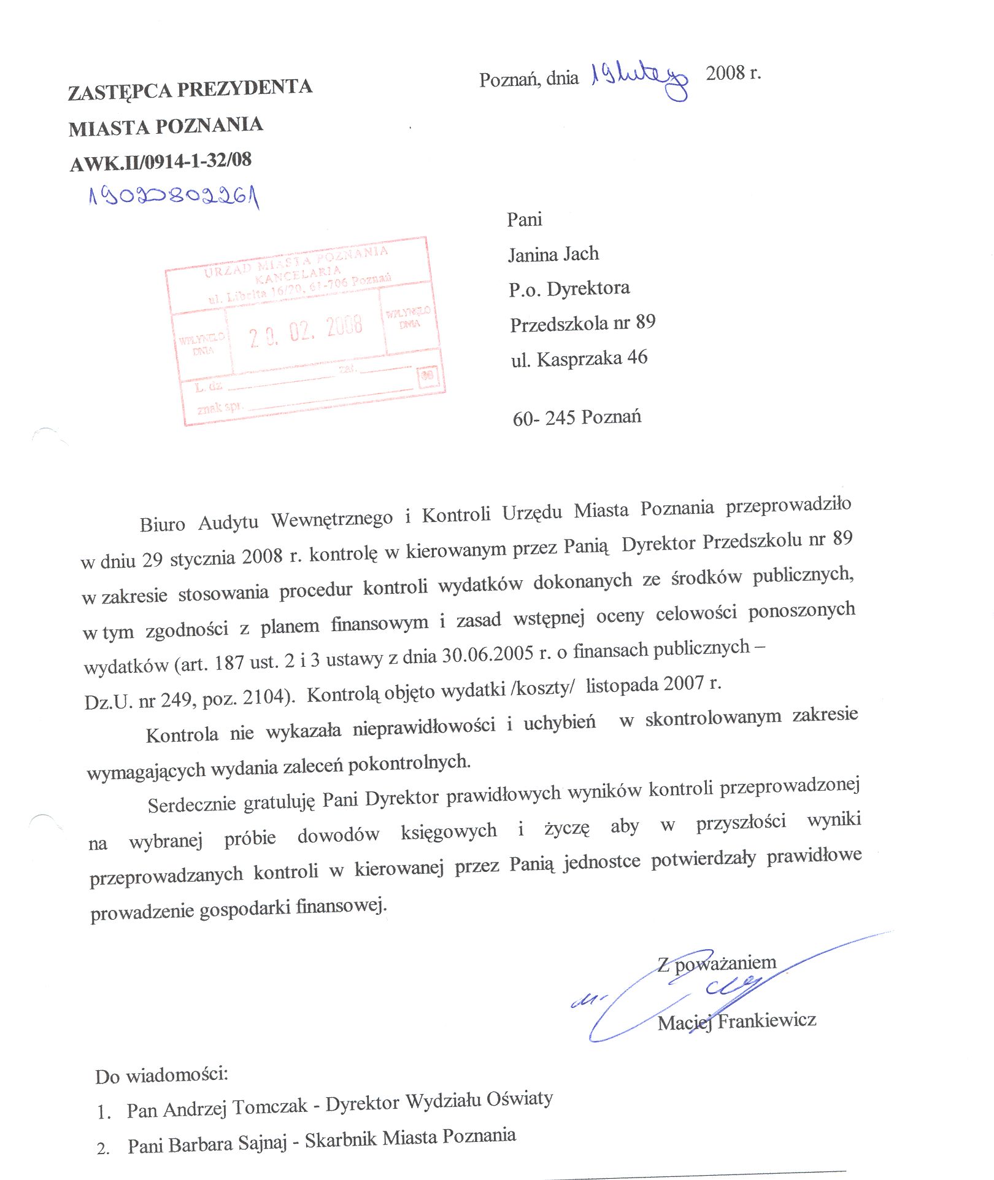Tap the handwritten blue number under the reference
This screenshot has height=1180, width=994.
pos(174,197)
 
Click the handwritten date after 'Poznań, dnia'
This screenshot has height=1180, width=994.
pos(638,79)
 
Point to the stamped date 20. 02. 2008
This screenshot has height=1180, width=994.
pos(306,332)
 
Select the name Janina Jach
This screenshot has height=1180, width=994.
pos(553,254)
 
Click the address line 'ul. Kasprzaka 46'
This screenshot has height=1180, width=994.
pos(579,359)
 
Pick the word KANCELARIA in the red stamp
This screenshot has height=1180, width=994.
pos(298,274)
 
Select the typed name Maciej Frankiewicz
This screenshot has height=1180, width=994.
pos(736,1021)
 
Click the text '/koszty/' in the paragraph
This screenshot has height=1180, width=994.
pos(542,688)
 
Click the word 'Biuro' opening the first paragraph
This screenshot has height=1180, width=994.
pos(162,524)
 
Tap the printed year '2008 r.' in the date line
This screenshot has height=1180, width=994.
pos(733,73)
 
